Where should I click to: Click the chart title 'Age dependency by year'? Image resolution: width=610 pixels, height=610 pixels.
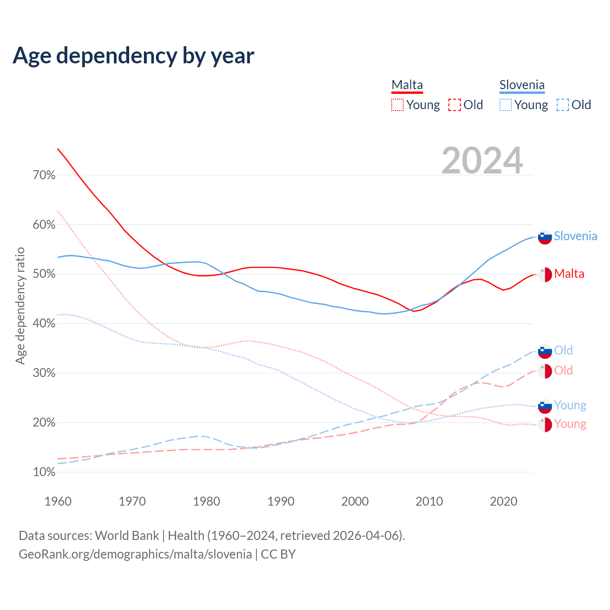click(133, 56)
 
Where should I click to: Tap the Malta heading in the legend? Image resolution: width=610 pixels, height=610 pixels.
click(407, 85)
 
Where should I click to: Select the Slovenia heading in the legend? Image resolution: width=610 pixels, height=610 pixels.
click(522, 85)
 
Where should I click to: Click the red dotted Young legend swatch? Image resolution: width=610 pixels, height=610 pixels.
click(397, 105)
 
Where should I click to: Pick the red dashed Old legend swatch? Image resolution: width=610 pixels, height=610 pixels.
click(455, 105)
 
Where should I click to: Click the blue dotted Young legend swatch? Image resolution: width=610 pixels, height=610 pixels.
click(506, 105)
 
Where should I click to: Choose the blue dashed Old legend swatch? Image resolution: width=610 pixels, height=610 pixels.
click(563, 105)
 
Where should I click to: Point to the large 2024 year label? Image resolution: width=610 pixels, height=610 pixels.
click(482, 161)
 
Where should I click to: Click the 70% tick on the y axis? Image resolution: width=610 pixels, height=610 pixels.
click(44, 175)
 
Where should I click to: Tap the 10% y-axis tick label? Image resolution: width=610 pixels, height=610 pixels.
click(44, 472)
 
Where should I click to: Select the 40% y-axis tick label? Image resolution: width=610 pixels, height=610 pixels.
click(44, 324)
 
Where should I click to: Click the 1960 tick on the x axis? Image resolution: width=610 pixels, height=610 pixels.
click(58, 501)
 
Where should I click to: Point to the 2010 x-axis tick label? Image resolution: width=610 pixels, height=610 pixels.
click(429, 501)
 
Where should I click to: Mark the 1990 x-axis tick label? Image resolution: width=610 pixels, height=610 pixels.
click(281, 501)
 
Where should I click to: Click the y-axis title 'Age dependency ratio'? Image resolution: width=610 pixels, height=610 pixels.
click(20, 305)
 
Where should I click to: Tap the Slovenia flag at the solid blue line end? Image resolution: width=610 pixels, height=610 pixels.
click(545, 237)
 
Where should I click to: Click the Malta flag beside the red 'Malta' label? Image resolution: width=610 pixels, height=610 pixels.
click(545, 274)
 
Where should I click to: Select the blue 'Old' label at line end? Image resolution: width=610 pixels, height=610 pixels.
click(563, 350)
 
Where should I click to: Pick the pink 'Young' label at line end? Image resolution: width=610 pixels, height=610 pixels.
click(570, 424)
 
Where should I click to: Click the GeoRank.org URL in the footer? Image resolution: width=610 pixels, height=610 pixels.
click(135, 554)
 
